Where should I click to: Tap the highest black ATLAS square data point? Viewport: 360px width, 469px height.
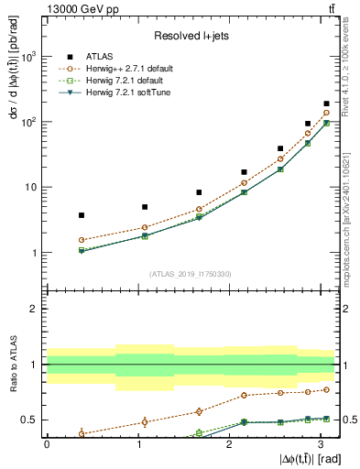click(326, 104)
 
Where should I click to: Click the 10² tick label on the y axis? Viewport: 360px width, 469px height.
click(30, 122)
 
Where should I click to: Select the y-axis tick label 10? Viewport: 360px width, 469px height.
click(32, 188)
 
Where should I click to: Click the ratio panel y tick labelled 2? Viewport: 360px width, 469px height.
click(36, 309)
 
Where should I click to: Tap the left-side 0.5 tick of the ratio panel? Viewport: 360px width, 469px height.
click(32, 420)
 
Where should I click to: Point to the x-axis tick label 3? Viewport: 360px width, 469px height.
click(318, 443)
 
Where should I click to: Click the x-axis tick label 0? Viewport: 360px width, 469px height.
click(47, 443)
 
